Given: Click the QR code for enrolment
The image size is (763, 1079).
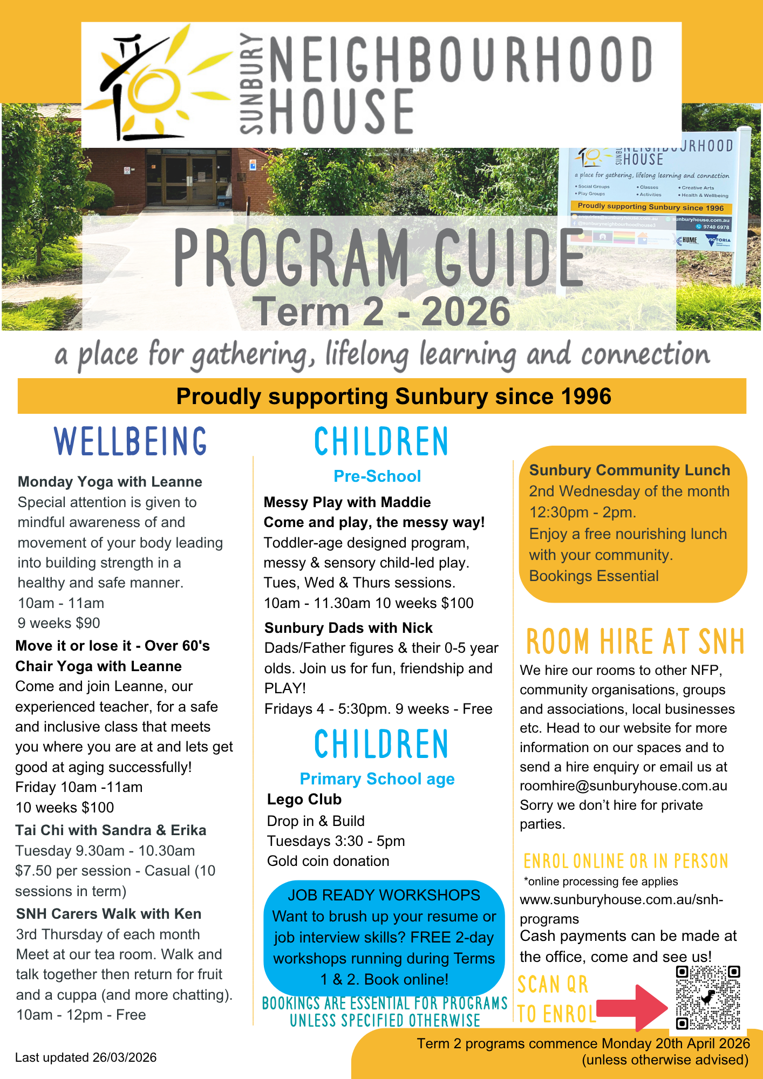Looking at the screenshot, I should (707, 998).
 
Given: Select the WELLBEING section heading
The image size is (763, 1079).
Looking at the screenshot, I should (131, 441).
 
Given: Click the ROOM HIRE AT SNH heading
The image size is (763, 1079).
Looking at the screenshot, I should (635, 641).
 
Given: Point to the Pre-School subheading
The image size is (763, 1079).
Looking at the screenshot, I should (377, 476).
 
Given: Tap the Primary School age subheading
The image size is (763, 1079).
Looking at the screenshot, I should (377, 779).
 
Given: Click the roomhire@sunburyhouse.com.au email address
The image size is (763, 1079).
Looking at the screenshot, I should (623, 786).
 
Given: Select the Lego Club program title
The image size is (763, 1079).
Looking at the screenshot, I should (304, 800).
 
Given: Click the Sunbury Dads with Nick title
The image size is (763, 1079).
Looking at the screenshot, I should (349, 628).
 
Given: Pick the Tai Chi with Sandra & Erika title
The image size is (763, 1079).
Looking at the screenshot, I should (111, 830).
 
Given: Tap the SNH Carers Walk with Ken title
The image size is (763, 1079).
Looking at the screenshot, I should (108, 914).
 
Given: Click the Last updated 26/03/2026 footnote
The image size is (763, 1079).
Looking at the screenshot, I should (86, 1057).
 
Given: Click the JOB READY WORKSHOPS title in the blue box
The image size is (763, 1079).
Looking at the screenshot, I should (384, 895).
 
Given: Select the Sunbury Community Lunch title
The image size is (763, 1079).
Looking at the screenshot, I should (629, 470).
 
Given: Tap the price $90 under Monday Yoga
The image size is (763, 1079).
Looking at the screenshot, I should (88, 623).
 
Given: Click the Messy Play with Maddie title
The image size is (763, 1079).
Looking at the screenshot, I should (347, 502).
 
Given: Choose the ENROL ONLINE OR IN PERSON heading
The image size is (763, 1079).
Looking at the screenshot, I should (626, 862).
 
